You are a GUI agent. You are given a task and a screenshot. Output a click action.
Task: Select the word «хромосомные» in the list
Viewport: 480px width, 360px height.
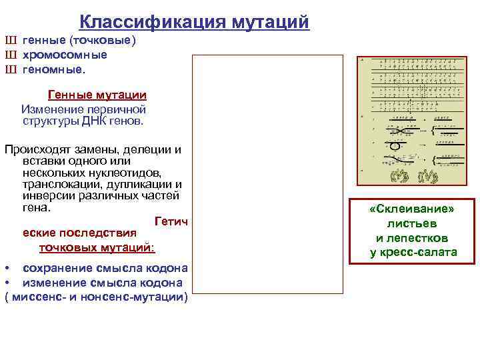[65, 55]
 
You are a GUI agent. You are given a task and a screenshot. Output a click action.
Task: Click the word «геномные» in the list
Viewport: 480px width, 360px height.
[53, 69]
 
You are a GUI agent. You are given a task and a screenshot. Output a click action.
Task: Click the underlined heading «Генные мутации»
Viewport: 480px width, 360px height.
[97, 95]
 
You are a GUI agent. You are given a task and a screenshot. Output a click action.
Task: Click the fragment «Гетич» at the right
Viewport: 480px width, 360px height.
[171, 221]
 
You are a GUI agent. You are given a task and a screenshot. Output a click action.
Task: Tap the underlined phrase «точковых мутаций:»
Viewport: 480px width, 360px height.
[97, 247]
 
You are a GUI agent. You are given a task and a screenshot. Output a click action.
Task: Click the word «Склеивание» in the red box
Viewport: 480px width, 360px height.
[412, 209]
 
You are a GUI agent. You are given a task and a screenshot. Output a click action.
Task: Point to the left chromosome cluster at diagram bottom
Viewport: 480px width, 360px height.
[398, 175]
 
